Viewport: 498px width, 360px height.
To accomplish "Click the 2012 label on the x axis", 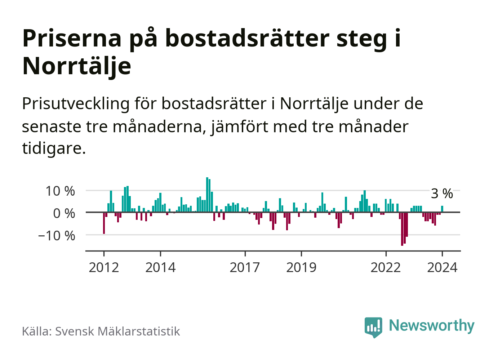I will pyautogui.click(x=104, y=267).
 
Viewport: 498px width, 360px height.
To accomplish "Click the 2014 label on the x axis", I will pyautogui.click(x=160, y=267).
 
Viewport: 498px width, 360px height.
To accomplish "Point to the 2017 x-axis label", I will pyautogui.click(x=245, y=267).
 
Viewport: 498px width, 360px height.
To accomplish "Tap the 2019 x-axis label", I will pyautogui.click(x=301, y=267).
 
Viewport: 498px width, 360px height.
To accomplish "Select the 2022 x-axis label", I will pyautogui.click(x=386, y=267).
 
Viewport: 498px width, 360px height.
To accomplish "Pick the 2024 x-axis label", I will pyautogui.click(x=442, y=267).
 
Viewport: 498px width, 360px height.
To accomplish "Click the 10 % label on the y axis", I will pyautogui.click(x=60, y=191).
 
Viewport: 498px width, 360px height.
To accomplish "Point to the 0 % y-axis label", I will pyautogui.click(x=64, y=213).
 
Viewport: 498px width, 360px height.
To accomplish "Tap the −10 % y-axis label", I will pyautogui.click(x=57, y=236).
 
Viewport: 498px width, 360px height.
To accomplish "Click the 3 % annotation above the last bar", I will pyautogui.click(x=442, y=194).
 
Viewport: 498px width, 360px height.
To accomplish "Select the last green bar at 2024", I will pyautogui.click(x=442, y=209).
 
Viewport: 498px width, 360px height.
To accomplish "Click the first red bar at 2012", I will pyautogui.click(x=104, y=223).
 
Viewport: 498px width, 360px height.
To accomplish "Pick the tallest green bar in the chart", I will pyautogui.click(x=207, y=195).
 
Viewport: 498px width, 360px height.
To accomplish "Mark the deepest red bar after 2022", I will pyautogui.click(x=402, y=229).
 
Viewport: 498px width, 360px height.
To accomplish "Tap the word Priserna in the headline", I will pyautogui.click(x=72, y=38).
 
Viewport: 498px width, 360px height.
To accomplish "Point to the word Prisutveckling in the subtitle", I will pyautogui.click(x=76, y=104).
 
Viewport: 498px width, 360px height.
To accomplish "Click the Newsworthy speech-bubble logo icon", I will pyautogui.click(x=373, y=327).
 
